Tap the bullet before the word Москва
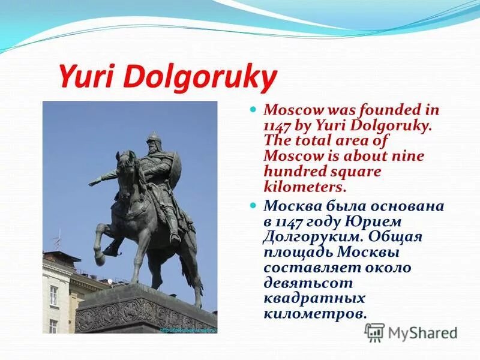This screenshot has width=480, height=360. tap(253, 205)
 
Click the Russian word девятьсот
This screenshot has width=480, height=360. tap(308, 283)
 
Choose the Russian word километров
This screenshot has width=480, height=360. tap(313, 314)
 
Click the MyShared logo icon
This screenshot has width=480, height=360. tap(374, 332)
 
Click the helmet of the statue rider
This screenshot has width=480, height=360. tap(153, 139)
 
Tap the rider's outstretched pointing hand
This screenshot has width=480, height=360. tap(93, 181)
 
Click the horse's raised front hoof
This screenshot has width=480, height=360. tap(99, 259)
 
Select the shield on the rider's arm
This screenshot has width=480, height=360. tap(176, 163)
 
